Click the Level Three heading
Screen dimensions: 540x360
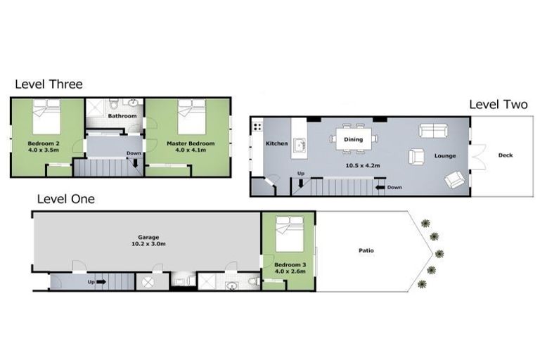[x=49, y=84]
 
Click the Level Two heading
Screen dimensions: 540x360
[x=499, y=104]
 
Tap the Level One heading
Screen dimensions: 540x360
[x=66, y=199]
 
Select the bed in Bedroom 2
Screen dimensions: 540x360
[x=46, y=117]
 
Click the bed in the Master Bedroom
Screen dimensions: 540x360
[x=192, y=117]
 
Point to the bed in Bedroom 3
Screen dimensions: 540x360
[x=290, y=234]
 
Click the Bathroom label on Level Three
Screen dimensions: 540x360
[x=122, y=116]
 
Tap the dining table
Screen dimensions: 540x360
[x=354, y=139]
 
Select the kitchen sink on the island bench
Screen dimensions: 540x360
[x=300, y=145]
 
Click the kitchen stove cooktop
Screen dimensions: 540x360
[x=257, y=127]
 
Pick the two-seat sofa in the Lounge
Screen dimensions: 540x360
[x=433, y=131]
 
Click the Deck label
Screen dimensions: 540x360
[x=506, y=155]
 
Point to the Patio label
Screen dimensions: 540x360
[x=366, y=250]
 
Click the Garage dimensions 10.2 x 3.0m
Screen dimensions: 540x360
[x=148, y=244]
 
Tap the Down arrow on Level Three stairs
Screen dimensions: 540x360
[x=135, y=163]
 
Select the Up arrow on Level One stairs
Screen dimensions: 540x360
[x=101, y=282]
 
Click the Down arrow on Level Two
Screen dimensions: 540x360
[x=380, y=188]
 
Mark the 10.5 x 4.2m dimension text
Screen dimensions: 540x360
[x=363, y=166]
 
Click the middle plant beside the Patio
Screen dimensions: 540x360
[x=439, y=254]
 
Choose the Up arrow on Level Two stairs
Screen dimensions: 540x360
[x=301, y=184]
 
